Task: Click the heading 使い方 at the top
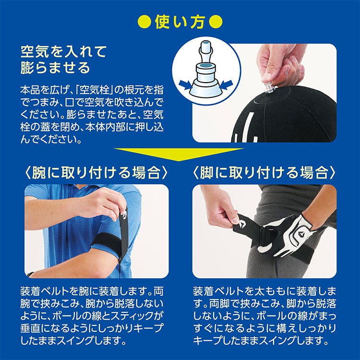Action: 180,22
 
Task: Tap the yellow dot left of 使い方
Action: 144,22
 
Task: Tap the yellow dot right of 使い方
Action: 216,22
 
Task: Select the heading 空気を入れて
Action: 63,52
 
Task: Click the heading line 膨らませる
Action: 55,68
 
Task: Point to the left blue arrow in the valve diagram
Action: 185,84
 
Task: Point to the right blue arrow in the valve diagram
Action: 227,84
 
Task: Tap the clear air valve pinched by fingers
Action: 269,88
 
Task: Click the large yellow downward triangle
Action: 179,154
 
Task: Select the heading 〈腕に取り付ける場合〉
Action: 96,173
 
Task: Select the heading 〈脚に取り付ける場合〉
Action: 264,173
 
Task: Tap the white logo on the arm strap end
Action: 124,215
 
